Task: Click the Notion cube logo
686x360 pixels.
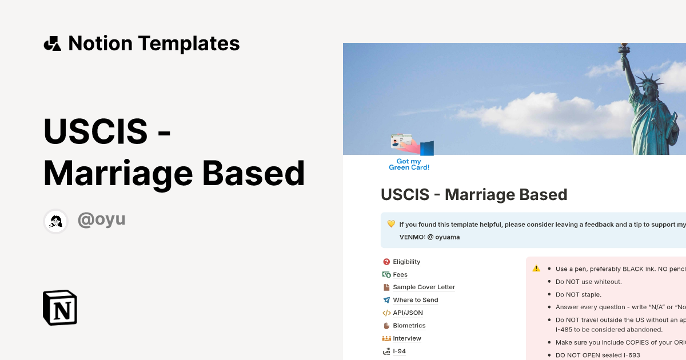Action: [x=60, y=307]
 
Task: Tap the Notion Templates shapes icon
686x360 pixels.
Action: [x=52, y=43]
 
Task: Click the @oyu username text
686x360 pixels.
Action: [x=101, y=219]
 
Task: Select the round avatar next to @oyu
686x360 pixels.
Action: [x=56, y=221]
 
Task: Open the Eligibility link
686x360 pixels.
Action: [x=406, y=262]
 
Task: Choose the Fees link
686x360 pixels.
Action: [x=400, y=274]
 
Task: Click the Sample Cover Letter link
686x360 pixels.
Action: [x=424, y=287]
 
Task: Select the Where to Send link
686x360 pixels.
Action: [x=415, y=300]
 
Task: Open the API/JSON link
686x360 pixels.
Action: [x=408, y=313]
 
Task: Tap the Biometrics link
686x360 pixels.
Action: [x=409, y=326]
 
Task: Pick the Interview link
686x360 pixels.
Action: [x=406, y=338]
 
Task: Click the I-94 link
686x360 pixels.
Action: [x=399, y=351]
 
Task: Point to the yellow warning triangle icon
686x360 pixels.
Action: [x=536, y=269]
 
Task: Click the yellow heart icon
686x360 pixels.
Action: [x=391, y=224]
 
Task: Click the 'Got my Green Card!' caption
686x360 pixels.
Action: [x=409, y=165]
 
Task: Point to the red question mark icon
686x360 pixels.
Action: [x=386, y=262]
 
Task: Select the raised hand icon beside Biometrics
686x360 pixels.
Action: [x=386, y=326]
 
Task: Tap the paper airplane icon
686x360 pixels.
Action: [x=386, y=300]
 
